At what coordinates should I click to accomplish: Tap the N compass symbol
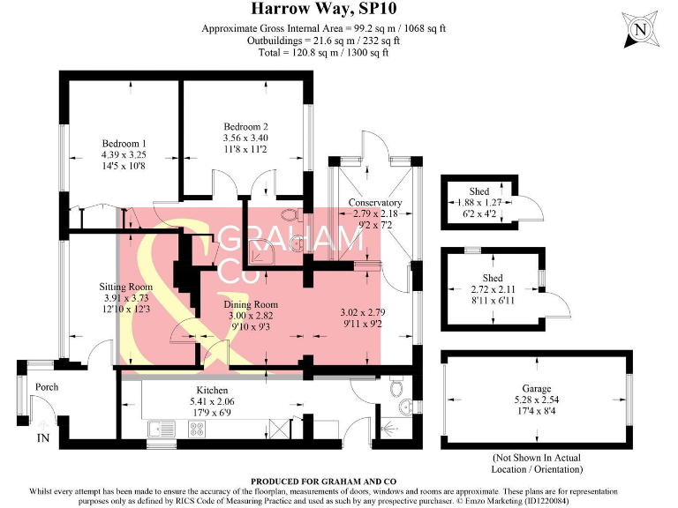(639, 31)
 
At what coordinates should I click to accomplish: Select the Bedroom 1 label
(124, 144)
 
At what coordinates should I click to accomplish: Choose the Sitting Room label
(124, 287)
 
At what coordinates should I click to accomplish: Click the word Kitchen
(212, 390)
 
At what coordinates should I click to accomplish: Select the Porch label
(46, 387)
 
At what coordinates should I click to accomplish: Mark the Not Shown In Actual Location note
(538, 464)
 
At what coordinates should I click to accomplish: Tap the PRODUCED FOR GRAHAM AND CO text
(310, 481)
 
